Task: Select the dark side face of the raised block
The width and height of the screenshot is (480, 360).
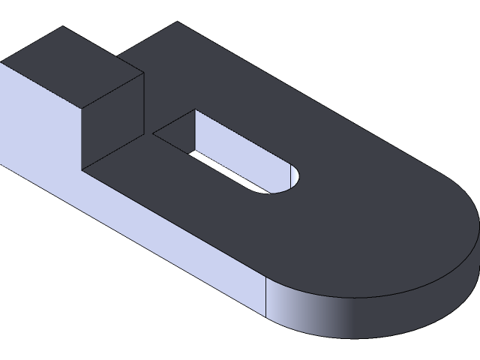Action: click(x=112, y=120)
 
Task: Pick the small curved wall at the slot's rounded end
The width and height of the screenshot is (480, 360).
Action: click(x=297, y=176)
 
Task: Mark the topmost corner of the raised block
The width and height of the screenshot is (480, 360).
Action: click(x=62, y=27)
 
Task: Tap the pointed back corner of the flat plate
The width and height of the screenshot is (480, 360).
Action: click(x=177, y=22)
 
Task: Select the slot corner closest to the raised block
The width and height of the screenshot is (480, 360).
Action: click(x=153, y=135)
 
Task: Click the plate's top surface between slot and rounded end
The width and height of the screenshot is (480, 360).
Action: click(x=360, y=217)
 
